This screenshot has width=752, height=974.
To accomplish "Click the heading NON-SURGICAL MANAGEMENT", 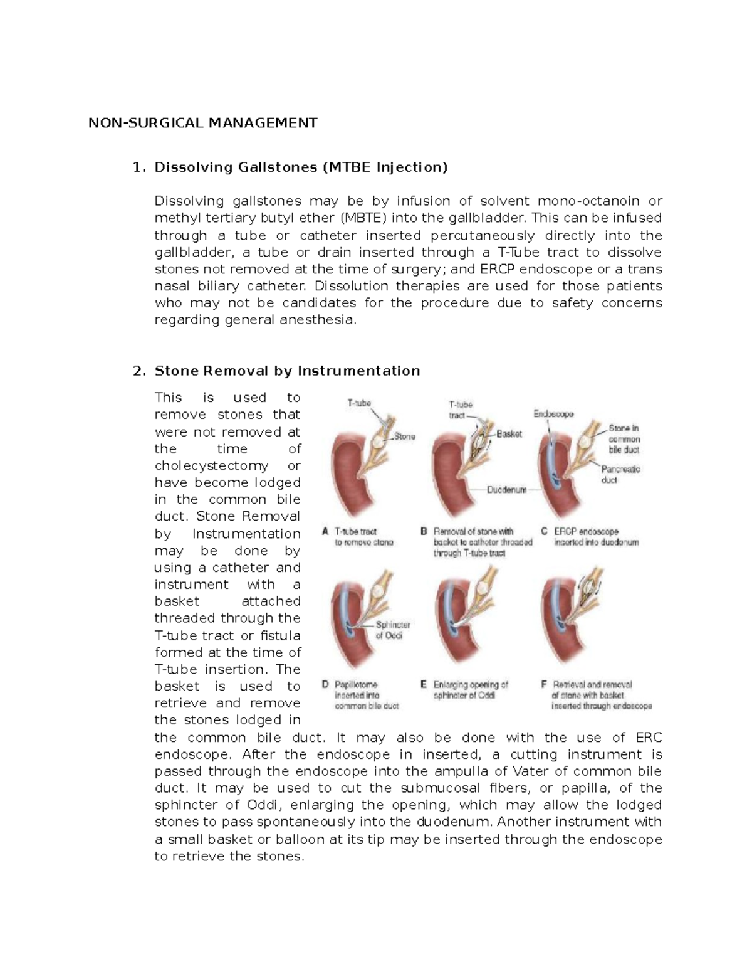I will click(202, 122).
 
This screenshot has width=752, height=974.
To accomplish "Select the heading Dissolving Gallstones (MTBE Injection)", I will click(301, 167).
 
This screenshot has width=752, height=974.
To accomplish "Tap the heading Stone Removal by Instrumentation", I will click(287, 371).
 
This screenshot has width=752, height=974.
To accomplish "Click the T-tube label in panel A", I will click(359, 403).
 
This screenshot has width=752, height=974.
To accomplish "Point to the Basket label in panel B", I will click(509, 433).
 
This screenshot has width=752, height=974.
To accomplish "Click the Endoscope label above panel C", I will click(553, 413).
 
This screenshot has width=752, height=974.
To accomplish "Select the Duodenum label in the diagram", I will click(506, 490).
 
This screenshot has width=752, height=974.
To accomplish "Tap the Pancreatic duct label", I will click(620, 474).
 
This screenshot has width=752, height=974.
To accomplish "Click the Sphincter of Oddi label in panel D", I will click(392, 630).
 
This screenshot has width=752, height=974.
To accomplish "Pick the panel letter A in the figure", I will click(325, 531).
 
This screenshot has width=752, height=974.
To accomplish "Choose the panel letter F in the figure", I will click(544, 684).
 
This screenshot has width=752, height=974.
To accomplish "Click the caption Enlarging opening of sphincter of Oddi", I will click(470, 690).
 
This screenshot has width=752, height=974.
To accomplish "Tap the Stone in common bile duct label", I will click(624, 438).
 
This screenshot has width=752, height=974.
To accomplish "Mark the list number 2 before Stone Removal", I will click(139, 371).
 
